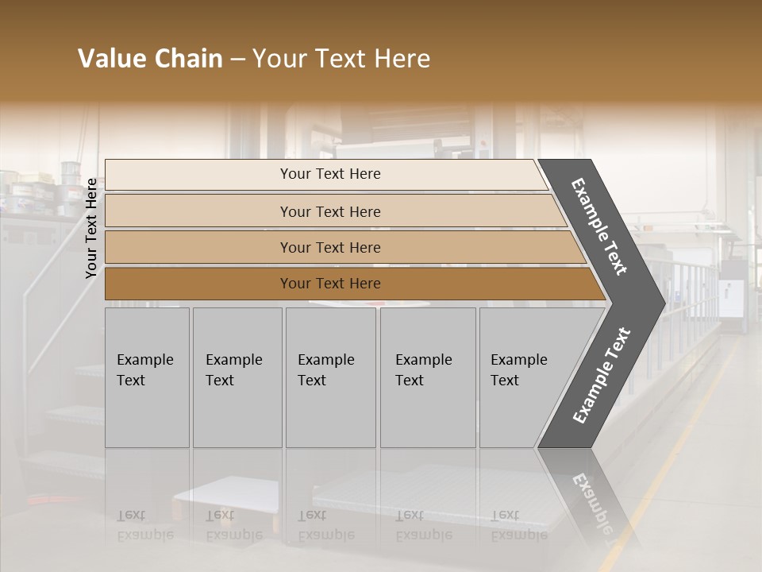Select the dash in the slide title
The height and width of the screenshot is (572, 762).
click(x=237, y=60)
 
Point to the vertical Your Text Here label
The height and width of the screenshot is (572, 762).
click(x=91, y=229)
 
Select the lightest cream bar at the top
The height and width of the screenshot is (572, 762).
click(x=325, y=174)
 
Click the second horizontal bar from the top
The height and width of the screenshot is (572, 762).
click(x=333, y=211)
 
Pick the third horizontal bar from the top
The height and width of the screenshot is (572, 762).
click(x=341, y=247)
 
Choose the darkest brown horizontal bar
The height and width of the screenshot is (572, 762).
click(x=349, y=284)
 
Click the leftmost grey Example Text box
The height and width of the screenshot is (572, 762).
click(x=147, y=377)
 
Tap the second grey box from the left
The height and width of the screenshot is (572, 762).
click(x=237, y=377)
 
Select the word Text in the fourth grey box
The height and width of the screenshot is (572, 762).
click(x=410, y=381)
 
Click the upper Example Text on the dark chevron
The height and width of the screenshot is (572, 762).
click(x=599, y=226)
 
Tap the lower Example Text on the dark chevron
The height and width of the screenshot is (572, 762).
click(x=601, y=375)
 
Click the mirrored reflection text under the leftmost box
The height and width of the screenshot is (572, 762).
click(x=145, y=525)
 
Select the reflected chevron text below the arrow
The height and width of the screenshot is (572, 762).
click(x=591, y=500)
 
